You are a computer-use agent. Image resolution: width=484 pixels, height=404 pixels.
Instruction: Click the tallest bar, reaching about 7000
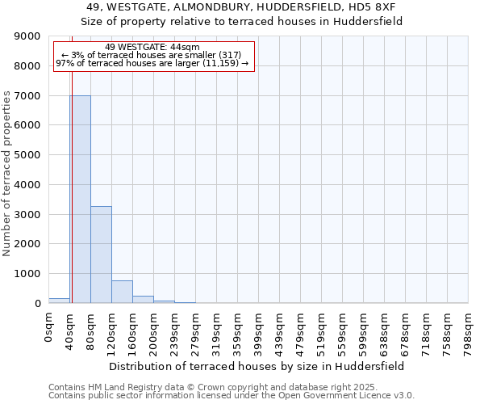(x=80, y=199)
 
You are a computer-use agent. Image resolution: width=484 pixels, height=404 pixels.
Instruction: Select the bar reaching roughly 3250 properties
(x=101, y=255)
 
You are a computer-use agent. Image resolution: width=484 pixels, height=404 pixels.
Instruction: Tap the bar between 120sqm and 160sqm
(x=122, y=292)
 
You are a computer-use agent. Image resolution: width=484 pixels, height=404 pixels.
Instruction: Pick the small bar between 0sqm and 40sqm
(x=59, y=301)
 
